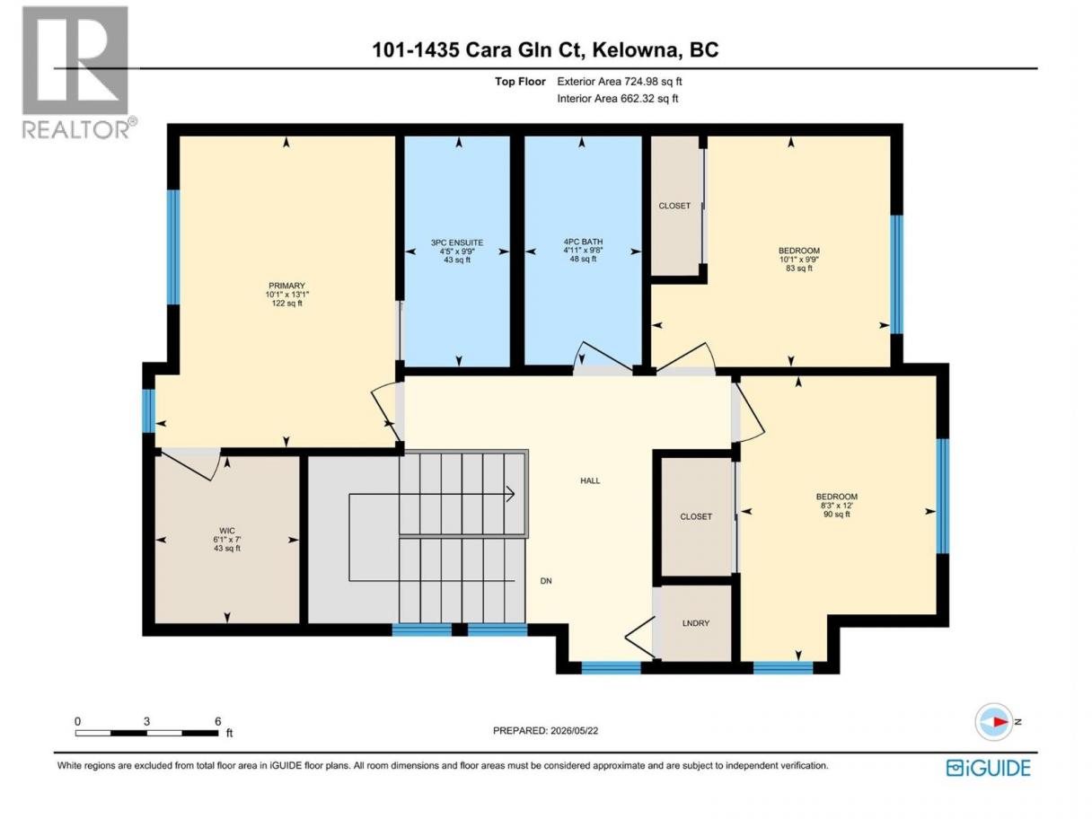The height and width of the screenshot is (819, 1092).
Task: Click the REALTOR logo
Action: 80,73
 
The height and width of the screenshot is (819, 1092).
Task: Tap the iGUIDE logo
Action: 988,768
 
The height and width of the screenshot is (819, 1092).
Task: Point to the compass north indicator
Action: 994,721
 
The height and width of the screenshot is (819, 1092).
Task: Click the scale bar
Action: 146,733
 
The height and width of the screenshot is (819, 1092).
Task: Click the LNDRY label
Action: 695,623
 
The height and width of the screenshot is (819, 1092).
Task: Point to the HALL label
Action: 590,480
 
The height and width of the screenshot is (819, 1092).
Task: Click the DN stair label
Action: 546,581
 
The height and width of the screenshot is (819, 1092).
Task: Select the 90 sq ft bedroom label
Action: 837,506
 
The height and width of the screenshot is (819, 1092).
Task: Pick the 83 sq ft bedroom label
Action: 799,259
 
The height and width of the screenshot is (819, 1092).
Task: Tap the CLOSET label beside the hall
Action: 696,516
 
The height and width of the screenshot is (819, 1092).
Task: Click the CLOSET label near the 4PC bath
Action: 674,206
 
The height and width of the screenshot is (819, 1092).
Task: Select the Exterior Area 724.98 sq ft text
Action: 620,82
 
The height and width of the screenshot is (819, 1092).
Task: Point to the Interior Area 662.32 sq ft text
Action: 617,99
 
